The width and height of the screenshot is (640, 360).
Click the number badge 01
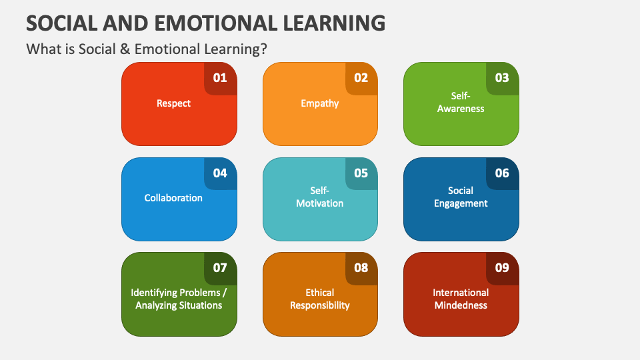(x=221, y=79)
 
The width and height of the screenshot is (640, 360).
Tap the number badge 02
(x=361, y=79)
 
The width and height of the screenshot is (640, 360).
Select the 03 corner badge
(x=503, y=79)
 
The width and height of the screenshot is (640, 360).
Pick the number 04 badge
(x=221, y=173)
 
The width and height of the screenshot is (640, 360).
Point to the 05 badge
(x=361, y=173)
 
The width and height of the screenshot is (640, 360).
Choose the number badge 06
(x=503, y=173)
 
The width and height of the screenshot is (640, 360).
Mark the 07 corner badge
(x=221, y=268)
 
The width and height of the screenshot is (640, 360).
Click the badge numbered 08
(x=361, y=268)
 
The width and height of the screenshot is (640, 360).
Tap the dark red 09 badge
(x=503, y=268)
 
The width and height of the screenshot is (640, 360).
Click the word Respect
(x=173, y=104)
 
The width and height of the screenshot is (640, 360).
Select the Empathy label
(x=319, y=104)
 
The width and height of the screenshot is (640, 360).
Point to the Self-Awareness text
(x=461, y=102)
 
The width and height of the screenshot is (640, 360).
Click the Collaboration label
(x=173, y=198)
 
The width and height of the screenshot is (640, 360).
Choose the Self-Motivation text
(x=319, y=197)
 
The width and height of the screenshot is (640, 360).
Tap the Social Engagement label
(x=461, y=197)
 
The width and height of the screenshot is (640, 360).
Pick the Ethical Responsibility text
(x=319, y=299)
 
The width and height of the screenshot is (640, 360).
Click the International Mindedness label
(x=461, y=299)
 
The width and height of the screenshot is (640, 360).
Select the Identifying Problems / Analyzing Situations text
(x=179, y=299)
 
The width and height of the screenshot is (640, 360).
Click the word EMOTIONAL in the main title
(x=216, y=23)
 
